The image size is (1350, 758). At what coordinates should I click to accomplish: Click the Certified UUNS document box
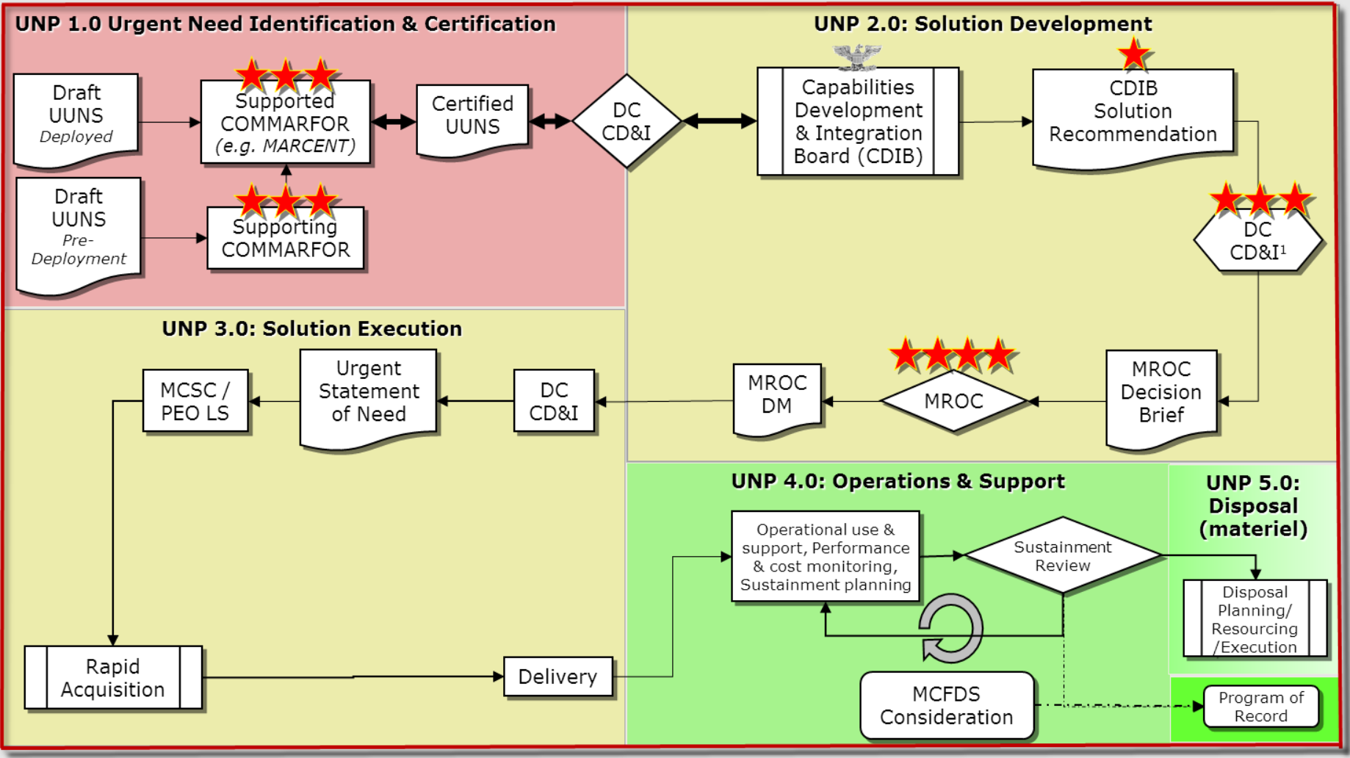click(472, 118)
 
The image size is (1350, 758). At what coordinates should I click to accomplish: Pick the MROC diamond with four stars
click(953, 401)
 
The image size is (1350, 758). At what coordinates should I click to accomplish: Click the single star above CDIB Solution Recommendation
click(1133, 54)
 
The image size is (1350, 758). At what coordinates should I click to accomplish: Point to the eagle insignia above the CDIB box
click(857, 55)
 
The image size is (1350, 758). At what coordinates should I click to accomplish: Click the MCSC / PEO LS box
click(195, 401)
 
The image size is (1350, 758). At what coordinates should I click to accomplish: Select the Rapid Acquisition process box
click(113, 677)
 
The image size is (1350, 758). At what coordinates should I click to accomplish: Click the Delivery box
click(557, 676)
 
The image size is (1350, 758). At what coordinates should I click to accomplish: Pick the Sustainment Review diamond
click(1062, 556)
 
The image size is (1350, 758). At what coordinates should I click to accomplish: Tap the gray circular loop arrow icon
click(951, 629)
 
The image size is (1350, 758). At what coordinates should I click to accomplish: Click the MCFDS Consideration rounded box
click(946, 705)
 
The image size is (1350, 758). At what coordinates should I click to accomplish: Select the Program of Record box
click(1260, 707)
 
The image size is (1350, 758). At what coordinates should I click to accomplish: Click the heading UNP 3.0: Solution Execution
click(311, 328)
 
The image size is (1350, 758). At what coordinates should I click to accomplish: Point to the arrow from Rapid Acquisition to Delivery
click(353, 676)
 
